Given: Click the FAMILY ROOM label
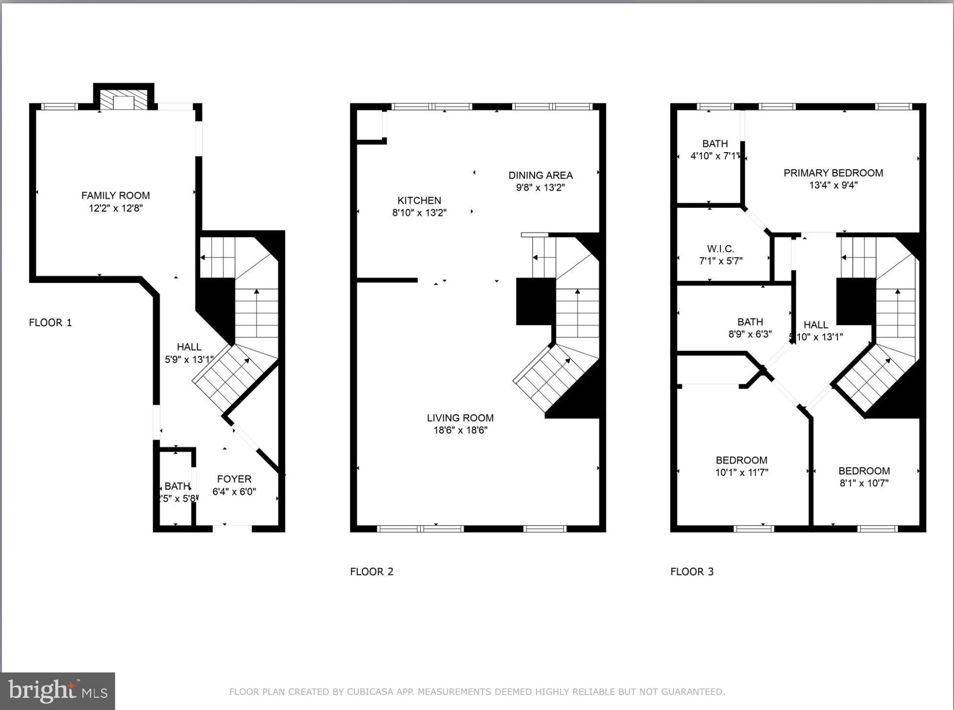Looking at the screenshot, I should pyautogui.click(x=116, y=196).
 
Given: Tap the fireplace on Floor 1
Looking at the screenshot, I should pyautogui.click(x=123, y=100).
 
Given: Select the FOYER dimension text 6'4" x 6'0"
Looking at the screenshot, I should pyautogui.click(x=234, y=492).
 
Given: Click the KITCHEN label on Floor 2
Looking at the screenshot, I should pyautogui.click(x=419, y=200).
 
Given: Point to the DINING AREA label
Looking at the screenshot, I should pyautogui.click(x=540, y=175).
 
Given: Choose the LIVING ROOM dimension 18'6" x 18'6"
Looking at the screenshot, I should pyautogui.click(x=460, y=430).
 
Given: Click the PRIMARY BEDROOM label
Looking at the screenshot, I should pyautogui.click(x=833, y=173).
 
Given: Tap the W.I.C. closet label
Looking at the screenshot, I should pyautogui.click(x=720, y=249).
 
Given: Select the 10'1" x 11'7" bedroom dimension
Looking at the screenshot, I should pyautogui.click(x=741, y=472).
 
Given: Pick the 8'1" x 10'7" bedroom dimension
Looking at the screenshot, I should pyautogui.click(x=864, y=483).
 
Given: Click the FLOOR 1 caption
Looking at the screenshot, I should pyautogui.click(x=50, y=322).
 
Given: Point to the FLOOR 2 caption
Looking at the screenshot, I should pyautogui.click(x=372, y=572).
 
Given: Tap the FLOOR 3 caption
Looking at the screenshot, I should pyautogui.click(x=692, y=572).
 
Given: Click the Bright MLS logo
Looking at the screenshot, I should pyautogui.click(x=58, y=691).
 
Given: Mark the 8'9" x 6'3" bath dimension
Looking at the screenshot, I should pyautogui.click(x=750, y=334).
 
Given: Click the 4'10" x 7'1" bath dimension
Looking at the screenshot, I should pyautogui.click(x=715, y=156).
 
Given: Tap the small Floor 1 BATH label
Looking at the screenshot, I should pyautogui.click(x=177, y=486).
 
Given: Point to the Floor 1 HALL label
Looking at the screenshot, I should pyautogui.click(x=189, y=347).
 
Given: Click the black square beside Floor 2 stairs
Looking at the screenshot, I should pyautogui.click(x=536, y=301).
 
